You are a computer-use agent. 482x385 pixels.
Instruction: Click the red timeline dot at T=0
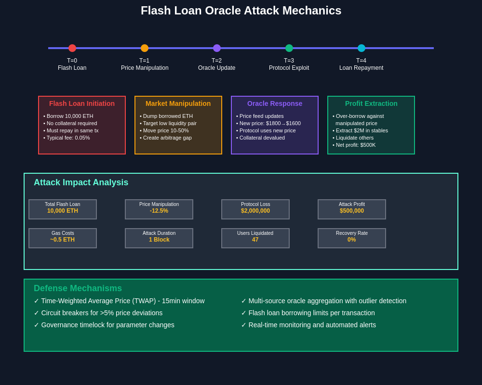point(72,48)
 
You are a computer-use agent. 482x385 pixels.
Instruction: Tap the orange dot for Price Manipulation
point(145,48)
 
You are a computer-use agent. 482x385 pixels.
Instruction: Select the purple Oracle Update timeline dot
point(217,48)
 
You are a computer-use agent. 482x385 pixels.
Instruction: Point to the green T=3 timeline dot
point(289,48)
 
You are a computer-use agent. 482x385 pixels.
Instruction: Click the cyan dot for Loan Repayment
point(361,48)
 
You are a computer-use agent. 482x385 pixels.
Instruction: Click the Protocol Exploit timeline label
point(289,68)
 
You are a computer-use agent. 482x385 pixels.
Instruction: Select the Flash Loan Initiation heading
point(82,103)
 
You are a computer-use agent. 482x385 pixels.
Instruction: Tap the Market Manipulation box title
point(178,103)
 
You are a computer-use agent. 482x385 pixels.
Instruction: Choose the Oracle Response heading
point(275,103)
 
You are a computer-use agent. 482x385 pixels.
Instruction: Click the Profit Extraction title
point(371,103)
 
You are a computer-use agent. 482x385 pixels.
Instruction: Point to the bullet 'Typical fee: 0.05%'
point(67,138)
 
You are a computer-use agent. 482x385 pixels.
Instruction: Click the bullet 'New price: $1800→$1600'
point(268,123)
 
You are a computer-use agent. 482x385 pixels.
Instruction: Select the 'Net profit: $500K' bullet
point(354,145)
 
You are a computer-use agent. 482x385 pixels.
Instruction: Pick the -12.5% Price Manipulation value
point(159,211)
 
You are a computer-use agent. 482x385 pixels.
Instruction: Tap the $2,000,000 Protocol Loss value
point(255,211)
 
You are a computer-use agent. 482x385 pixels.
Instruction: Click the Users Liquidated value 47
point(255,240)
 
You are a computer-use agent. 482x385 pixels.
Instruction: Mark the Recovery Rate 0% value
point(352,240)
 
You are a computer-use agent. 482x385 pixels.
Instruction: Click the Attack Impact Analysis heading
point(81,182)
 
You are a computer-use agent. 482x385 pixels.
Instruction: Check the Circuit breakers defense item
point(98,313)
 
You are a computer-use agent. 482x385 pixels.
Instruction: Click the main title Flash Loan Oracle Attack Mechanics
point(241,11)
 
